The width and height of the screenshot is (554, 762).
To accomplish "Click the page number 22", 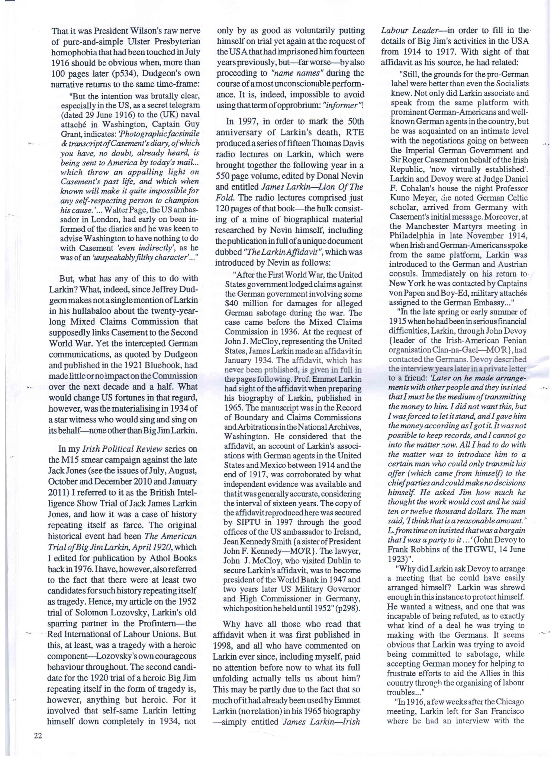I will (38, 736).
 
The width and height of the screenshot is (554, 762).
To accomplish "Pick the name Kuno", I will (399, 198).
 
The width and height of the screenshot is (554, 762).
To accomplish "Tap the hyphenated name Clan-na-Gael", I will (454, 350).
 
